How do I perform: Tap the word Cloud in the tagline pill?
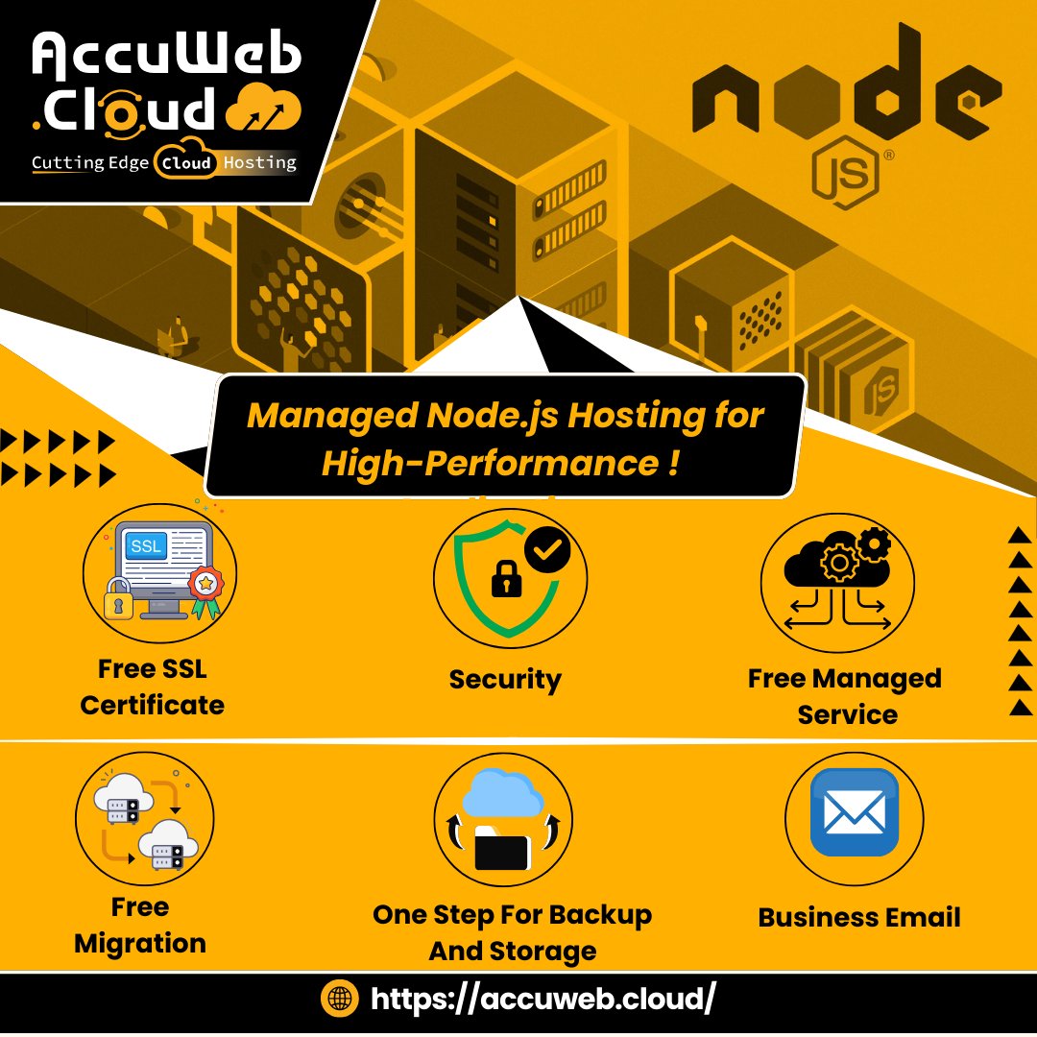[x=186, y=162]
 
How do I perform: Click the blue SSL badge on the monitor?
[x=146, y=547]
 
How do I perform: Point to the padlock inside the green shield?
[x=502, y=578]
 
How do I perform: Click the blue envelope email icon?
[x=855, y=812]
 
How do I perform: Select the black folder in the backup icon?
[x=501, y=850]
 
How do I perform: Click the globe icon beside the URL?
[x=339, y=1000]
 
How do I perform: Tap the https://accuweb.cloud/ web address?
[x=543, y=1000]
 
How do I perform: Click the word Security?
[x=505, y=680]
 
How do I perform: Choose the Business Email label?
[x=859, y=917]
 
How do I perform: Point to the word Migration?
[x=140, y=943]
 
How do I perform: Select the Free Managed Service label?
[x=845, y=696]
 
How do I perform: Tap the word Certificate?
[x=152, y=705]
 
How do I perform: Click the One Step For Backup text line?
[x=512, y=915]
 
